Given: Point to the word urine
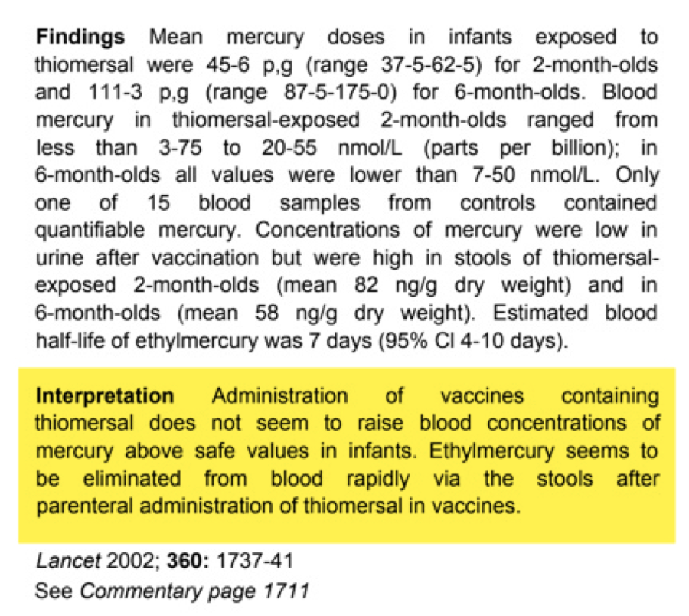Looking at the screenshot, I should (60, 258).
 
